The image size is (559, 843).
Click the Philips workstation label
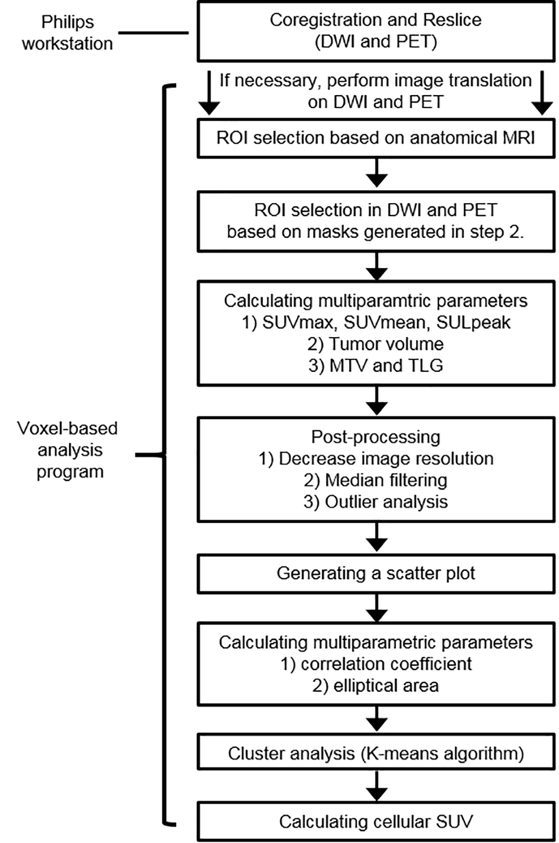[x=68, y=32]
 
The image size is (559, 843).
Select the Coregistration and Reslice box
[x=376, y=31]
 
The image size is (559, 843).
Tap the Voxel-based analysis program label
[x=68, y=450]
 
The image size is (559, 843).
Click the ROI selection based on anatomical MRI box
[x=376, y=138]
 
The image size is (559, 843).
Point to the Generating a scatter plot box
[x=376, y=573]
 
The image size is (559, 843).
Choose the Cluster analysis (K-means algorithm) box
[x=376, y=753]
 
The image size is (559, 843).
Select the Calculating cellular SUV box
[x=376, y=822]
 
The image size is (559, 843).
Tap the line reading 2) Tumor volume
[x=376, y=344]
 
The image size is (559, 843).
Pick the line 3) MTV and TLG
[x=376, y=366]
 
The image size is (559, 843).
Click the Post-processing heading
[x=376, y=437]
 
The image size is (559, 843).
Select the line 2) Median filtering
[x=376, y=480]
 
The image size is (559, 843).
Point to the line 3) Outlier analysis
[x=376, y=502]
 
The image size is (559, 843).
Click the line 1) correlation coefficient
[x=376, y=664]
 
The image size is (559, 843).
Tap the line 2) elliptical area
[x=376, y=686]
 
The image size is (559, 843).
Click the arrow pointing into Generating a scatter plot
[x=376, y=538]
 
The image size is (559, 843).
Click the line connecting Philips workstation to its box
[x=153, y=32]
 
